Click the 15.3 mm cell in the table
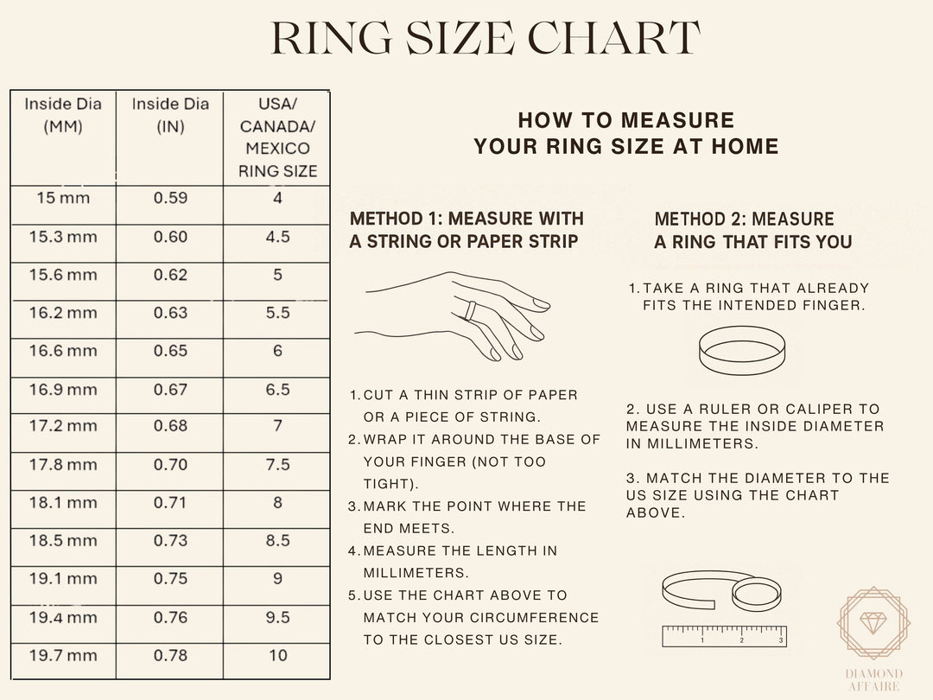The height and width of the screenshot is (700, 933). pyautogui.click(x=63, y=237)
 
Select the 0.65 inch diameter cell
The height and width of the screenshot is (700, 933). pyautogui.click(x=170, y=351)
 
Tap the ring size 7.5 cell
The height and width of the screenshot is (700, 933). pyautogui.click(x=277, y=465)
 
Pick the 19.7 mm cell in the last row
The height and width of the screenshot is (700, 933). pyautogui.click(x=63, y=656)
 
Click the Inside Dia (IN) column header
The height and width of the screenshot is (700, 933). pyautogui.click(x=170, y=115)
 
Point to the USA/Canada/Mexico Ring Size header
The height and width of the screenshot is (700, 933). pyautogui.click(x=277, y=137)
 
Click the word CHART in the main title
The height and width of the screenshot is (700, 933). pyautogui.click(x=613, y=39)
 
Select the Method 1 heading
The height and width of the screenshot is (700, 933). pyautogui.click(x=466, y=230)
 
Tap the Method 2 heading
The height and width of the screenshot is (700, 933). pyautogui.click(x=752, y=231)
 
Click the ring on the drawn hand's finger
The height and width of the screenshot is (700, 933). pyautogui.click(x=471, y=309)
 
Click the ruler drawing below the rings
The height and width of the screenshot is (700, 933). pyautogui.click(x=724, y=636)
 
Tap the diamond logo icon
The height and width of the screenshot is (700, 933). pyautogui.click(x=873, y=623)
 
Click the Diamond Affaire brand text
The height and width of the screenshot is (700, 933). pyautogui.click(x=873, y=680)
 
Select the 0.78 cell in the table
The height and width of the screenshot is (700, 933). pyautogui.click(x=170, y=656)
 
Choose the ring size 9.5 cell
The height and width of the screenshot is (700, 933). pyautogui.click(x=277, y=618)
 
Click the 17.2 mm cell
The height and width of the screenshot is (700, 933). pyautogui.click(x=63, y=427)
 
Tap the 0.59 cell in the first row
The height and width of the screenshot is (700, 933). pyautogui.click(x=170, y=198)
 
